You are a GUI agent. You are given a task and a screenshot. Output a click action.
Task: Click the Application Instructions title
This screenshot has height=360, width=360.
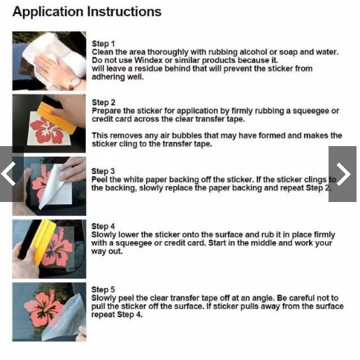click(x=87, y=12)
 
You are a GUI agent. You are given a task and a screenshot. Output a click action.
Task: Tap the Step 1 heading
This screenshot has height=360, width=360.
click(x=103, y=44)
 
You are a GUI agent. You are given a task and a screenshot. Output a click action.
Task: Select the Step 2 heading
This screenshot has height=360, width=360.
click(x=103, y=103)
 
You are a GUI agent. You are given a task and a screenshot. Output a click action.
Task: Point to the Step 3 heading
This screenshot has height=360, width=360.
click(x=103, y=171)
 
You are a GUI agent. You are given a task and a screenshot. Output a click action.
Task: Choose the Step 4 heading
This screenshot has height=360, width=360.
click(x=103, y=226)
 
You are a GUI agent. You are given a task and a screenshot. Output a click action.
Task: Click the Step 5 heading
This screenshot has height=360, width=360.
click(x=103, y=289)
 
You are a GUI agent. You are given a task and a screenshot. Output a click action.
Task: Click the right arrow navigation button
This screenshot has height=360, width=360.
click(x=343, y=174)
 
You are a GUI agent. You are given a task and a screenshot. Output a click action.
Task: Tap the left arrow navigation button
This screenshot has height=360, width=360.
click(x=10, y=174)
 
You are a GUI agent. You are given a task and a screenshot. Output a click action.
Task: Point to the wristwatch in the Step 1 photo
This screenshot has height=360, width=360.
click(x=75, y=83)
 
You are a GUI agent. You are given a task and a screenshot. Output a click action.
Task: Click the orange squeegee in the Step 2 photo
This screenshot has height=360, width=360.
click(x=57, y=118)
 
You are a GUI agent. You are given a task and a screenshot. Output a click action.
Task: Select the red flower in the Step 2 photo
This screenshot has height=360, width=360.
click(x=47, y=131)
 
